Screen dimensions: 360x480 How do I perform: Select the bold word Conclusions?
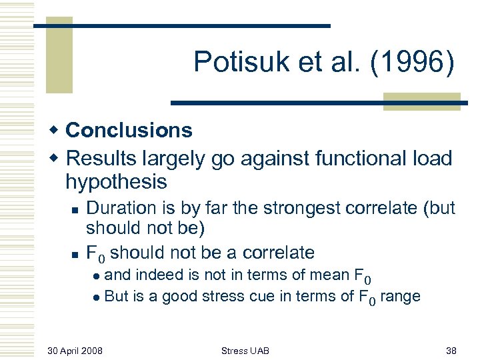(x=129, y=130)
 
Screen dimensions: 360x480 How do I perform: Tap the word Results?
(x=103, y=159)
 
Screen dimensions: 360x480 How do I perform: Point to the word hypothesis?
(x=116, y=181)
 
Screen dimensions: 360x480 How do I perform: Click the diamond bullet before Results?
(x=57, y=159)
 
